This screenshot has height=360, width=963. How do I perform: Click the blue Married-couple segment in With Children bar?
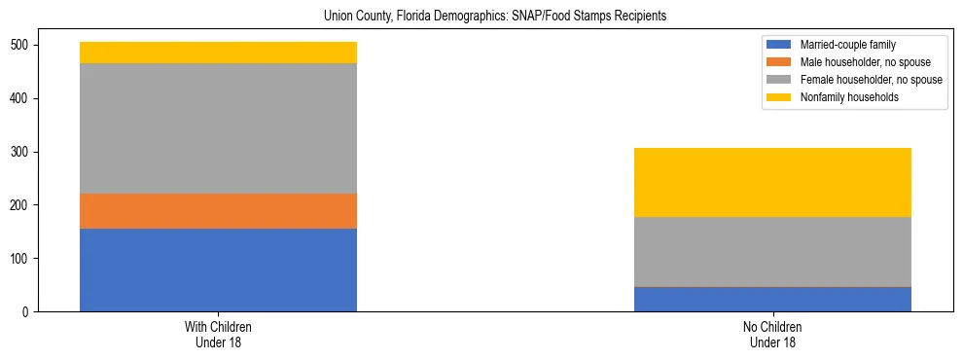(218, 270)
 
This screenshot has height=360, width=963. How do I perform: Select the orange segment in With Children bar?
(218, 211)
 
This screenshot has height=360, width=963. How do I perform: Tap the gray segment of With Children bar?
(218, 128)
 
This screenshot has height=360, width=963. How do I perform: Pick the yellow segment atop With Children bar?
(218, 53)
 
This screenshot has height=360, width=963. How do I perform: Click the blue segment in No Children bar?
(772, 299)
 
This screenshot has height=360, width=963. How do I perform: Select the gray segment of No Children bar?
(772, 252)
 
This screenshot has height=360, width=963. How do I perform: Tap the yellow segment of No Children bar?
(772, 182)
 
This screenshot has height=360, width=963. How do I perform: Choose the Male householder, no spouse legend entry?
(856, 62)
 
